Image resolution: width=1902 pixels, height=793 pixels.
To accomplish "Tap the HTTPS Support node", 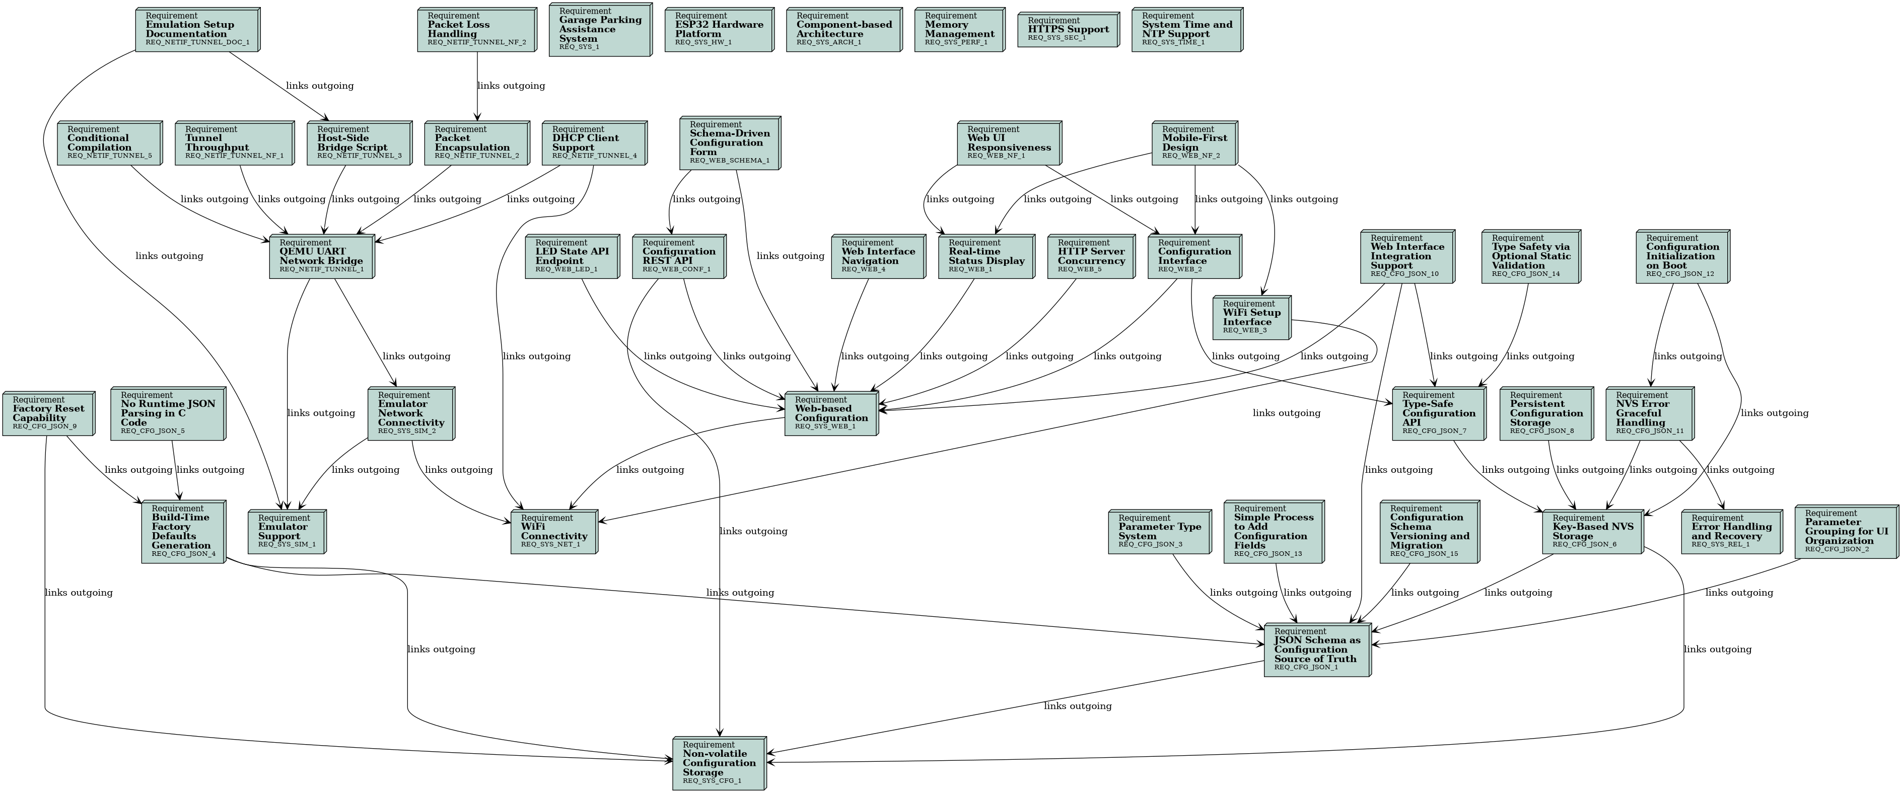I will tap(1068, 30).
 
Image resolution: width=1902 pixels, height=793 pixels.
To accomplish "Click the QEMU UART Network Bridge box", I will tap(321, 257).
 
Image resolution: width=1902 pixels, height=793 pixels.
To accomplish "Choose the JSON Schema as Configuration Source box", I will tap(1316, 650).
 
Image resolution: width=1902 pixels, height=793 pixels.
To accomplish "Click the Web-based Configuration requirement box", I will tap(831, 413).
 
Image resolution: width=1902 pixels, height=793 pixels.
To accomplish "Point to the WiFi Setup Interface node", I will tap(1251, 318).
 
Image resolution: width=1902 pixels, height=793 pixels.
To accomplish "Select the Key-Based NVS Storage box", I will tap(1592, 532).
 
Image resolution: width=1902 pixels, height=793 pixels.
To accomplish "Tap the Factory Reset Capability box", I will tap(48, 413).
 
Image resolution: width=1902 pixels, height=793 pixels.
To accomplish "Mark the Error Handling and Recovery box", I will tap(1730, 532).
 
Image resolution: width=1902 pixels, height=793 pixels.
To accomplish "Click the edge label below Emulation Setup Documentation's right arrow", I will tap(319, 86).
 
